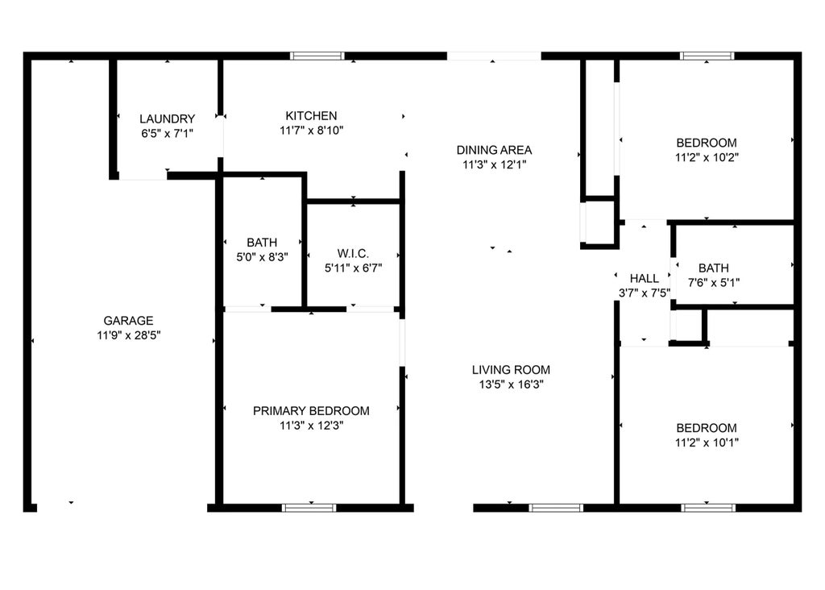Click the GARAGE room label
coord(128,321)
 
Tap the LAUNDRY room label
coord(168,119)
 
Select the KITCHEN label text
coord(312,116)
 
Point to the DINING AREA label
coord(494,150)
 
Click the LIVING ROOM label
coord(511,370)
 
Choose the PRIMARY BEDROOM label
coord(312,411)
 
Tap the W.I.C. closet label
coord(353,254)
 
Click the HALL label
coord(645,278)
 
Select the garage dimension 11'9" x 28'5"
coord(129,335)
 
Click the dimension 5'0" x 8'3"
coord(262,257)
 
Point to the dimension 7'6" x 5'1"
coord(714,283)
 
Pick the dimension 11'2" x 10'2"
coord(707,157)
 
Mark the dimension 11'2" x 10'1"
coord(707,442)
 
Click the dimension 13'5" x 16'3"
coord(511,384)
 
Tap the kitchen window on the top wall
coord(317,56)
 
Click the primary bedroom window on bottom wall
coord(309,508)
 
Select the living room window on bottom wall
coord(556,508)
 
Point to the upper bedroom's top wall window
coord(707,56)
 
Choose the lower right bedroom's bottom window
coord(708,508)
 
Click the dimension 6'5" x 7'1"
coord(168,134)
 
